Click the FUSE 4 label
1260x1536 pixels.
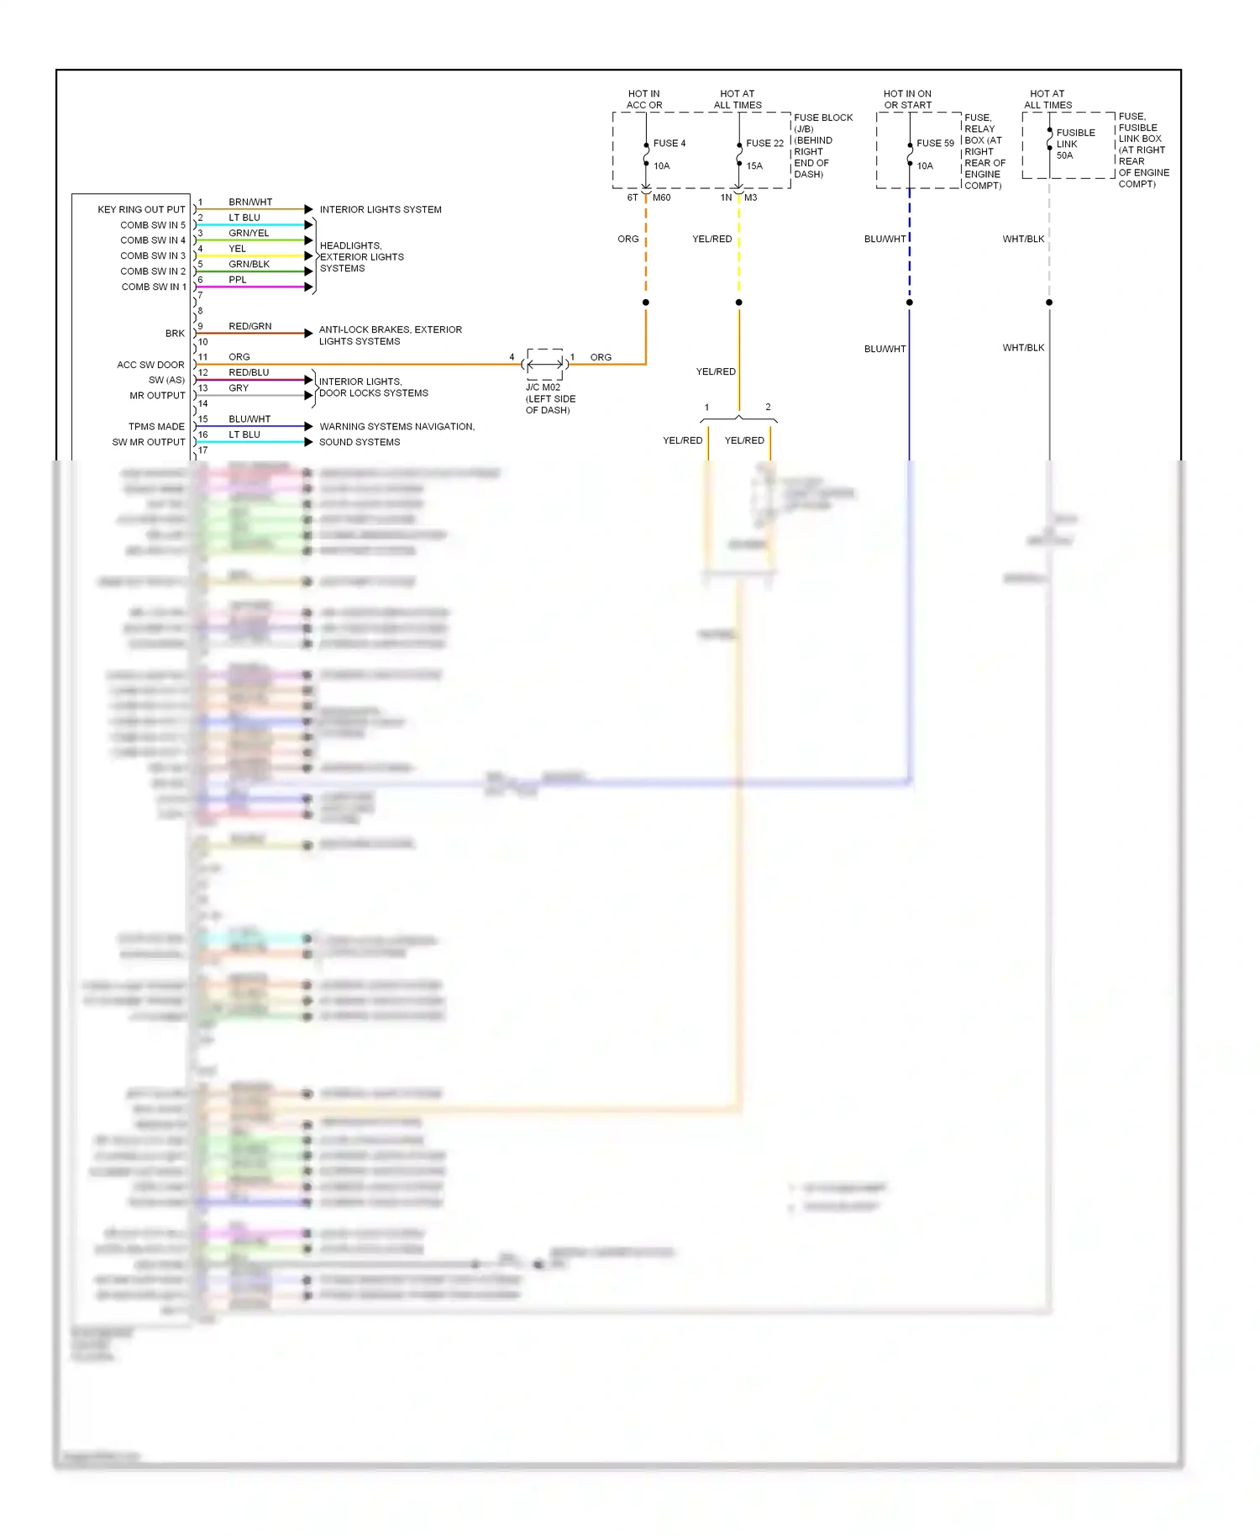pyautogui.click(x=669, y=144)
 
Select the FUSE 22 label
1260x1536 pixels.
pyautogui.click(x=764, y=144)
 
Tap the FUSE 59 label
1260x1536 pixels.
pyautogui.click(x=935, y=144)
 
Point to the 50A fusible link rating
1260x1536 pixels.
pyautogui.click(x=1064, y=155)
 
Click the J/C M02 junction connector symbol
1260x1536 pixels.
pyautogui.click(x=545, y=364)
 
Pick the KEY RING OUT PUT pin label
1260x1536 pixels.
pyautogui.click(x=141, y=210)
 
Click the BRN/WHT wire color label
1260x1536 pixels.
pyautogui.click(x=250, y=203)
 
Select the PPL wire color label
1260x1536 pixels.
pyautogui.click(x=238, y=280)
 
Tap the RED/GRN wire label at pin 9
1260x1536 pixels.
pyautogui.click(x=250, y=327)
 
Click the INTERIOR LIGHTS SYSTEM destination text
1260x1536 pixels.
pyautogui.click(x=381, y=210)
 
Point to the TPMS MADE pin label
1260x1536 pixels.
pyautogui.click(x=156, y=427)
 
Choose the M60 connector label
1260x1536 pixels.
pyautogui.click(x=661, y=198)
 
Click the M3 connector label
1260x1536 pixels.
pyautogui.click(x=750, y=198)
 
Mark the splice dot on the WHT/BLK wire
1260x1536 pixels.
pyautogui.click(x=1049, y=302)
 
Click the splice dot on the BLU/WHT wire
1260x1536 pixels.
pyautogui.click(x=910, y=302)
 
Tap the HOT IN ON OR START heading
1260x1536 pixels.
pyautogui.click(x=907, y=99)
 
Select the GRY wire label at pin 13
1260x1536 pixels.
pyautogui.click(x=239, y=388)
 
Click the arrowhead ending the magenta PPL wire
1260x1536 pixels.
pyautogui.click(x=308, y=287)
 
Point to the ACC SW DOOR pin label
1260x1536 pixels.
pyautogui.click(x=150, y=365)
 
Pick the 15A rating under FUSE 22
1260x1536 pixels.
pyautogui.click(x=754, y=166)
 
